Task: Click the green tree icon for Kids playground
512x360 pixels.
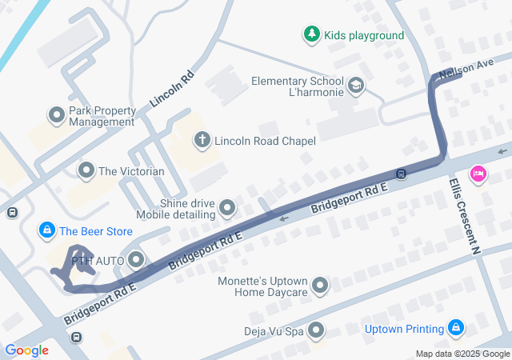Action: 311,34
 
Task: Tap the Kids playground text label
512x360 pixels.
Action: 364,35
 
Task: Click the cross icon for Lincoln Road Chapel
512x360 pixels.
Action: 202,140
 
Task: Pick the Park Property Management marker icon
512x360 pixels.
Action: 57,116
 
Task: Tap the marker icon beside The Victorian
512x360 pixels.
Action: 86,170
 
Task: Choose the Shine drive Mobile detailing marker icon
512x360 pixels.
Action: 228,209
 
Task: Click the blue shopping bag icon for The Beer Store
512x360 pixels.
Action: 47,231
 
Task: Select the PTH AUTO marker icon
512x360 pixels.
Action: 136,259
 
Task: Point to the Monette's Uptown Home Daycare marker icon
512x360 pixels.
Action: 321,286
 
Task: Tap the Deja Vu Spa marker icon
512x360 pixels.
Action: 316,330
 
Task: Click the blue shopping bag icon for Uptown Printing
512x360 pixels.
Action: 456,328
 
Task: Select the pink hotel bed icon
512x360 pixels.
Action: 478,174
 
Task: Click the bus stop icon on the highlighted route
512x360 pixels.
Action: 401,173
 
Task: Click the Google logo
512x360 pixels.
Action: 26,350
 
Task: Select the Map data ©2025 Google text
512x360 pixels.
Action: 462,354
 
